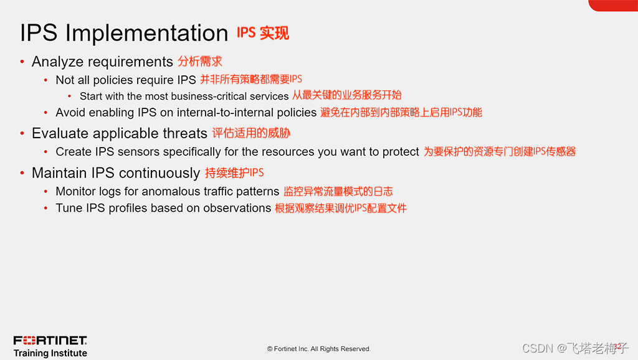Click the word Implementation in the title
[146, 34]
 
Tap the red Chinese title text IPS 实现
[263, 33]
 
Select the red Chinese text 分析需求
[200, 62]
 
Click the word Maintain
[59, 173]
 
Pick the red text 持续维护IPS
[234, 173]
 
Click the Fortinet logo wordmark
[50, 341]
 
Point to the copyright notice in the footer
[318, 349]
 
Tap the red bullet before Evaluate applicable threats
[22, 133]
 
